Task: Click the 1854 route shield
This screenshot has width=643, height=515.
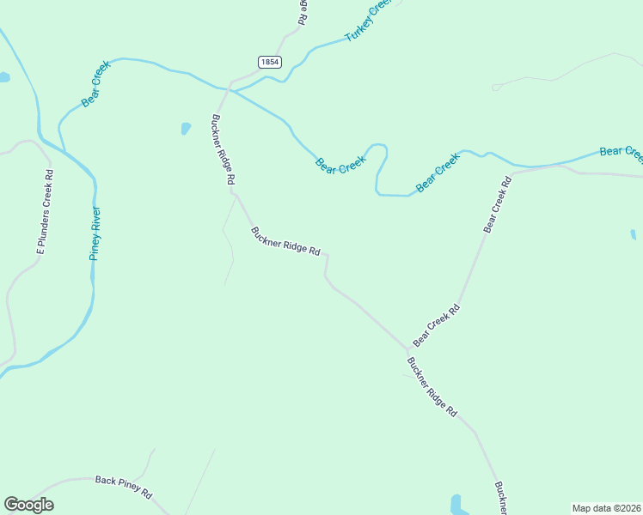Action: click(x=269, y=62)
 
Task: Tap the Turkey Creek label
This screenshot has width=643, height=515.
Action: click(x=368, y=21)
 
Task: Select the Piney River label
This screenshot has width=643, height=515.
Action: click(x=95, y=233)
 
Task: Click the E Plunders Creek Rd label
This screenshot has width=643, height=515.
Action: click(x=45, y=210)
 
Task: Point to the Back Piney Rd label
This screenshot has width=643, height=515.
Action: click(x=123, y=488)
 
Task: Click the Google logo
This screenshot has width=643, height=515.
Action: click(x=28, y=505)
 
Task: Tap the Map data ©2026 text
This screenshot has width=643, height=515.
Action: click(x=606, y=508)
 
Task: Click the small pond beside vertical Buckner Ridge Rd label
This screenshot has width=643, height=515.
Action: click(x=186, y=129)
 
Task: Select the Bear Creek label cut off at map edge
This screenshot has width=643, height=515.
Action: click(x=621, y=152)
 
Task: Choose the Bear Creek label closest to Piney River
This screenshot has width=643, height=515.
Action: click(x=96, y=95)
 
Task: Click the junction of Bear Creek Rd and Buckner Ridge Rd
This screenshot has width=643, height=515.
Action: click(x=407, y=349)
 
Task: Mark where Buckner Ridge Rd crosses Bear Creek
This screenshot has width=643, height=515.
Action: click(x=228, y=88)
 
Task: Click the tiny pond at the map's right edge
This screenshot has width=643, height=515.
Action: click(x=634, y=233)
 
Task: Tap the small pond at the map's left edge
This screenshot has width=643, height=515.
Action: click(x=3, y=77)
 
